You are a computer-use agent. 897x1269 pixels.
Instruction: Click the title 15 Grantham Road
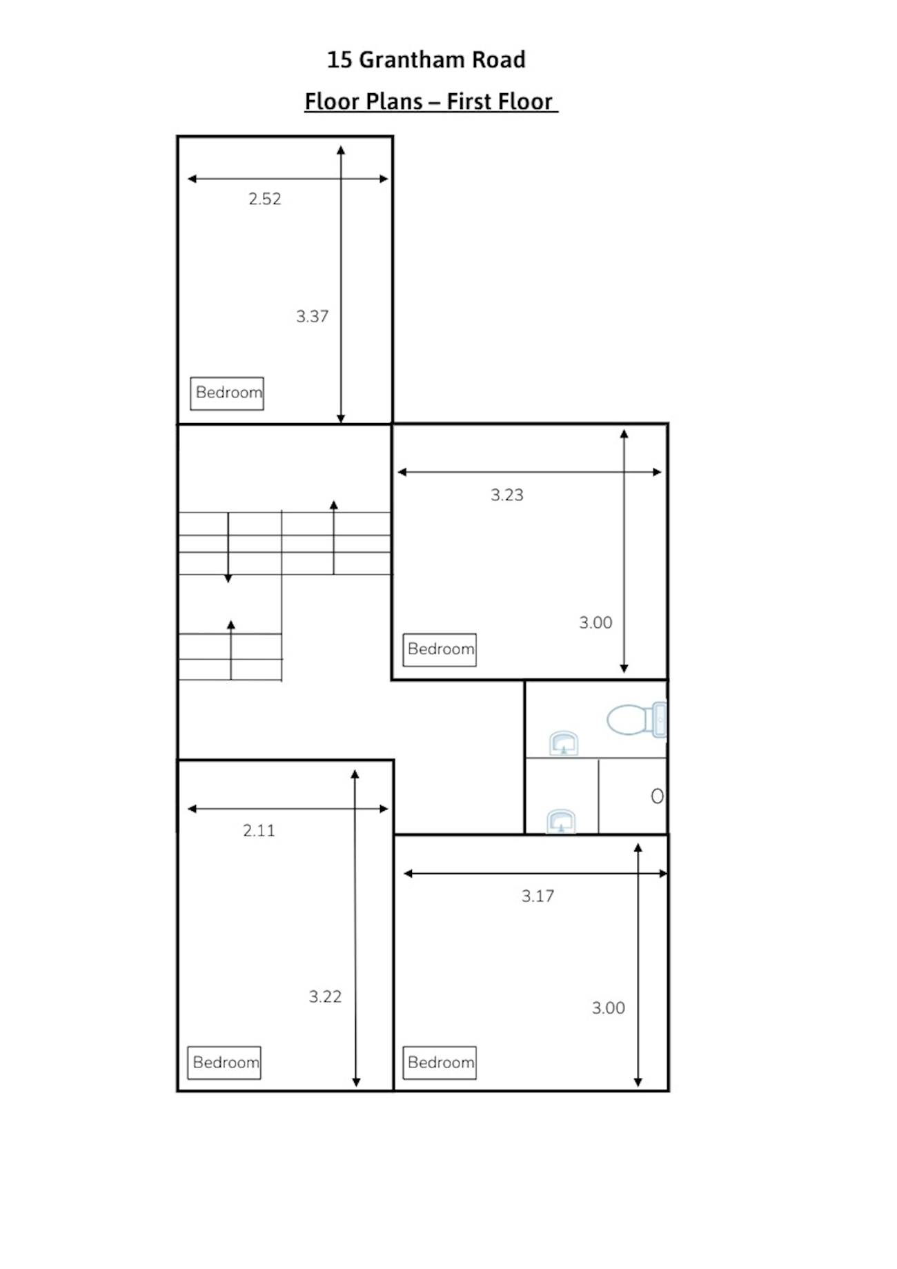coord(426,60)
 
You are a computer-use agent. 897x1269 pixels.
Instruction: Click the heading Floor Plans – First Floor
coord(431,101)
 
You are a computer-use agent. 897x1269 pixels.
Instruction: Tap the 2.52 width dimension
coord(265,199)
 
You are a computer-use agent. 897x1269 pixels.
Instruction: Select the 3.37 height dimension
coord(313,316)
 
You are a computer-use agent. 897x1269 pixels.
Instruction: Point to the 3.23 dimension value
coord(507,495)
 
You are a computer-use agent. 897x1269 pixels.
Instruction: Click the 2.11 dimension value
coord(259,830)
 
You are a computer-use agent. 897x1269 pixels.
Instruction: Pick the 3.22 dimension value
coord(325,996)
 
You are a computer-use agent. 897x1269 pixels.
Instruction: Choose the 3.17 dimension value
coord(538,896)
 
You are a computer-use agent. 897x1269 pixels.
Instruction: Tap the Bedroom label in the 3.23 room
coord(440,649)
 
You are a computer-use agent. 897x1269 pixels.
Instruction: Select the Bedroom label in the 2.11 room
coord(224,1063)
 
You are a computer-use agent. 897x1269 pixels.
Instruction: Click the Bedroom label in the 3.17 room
coord(440,1063)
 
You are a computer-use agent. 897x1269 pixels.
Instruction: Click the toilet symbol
coord(637,720)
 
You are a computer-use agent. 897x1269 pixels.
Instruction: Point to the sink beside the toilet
coord(564,743)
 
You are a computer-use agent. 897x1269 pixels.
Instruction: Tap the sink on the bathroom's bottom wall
coord(561,821)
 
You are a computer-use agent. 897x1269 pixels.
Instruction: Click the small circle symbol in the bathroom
coord(657,796)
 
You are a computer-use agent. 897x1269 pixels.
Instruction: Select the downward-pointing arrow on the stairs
coord(228,547)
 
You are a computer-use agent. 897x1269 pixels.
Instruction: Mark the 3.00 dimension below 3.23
coord(595,622)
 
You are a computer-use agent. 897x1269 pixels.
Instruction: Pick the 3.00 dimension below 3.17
coord(608,1007)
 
